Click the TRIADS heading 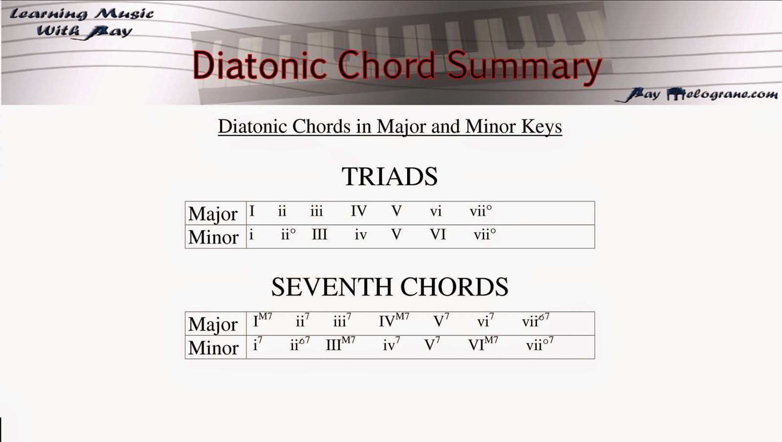(390, 177)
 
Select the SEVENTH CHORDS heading (390, 287)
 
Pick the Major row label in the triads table (213, 214)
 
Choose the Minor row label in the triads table (213, 237)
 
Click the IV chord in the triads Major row (358, 211)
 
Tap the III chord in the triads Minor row (319, 235)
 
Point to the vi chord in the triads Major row (435, 211)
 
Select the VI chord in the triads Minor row (438, 235)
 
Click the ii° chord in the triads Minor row (288, 235)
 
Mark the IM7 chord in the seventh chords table (262, 321)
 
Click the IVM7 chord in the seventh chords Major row (393, 321)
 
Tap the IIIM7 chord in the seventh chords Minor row (340, 344)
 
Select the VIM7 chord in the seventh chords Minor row (483, 344)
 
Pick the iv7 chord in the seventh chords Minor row (391, 345)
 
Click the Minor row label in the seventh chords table (213, 348)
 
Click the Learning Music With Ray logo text (82, 22)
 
